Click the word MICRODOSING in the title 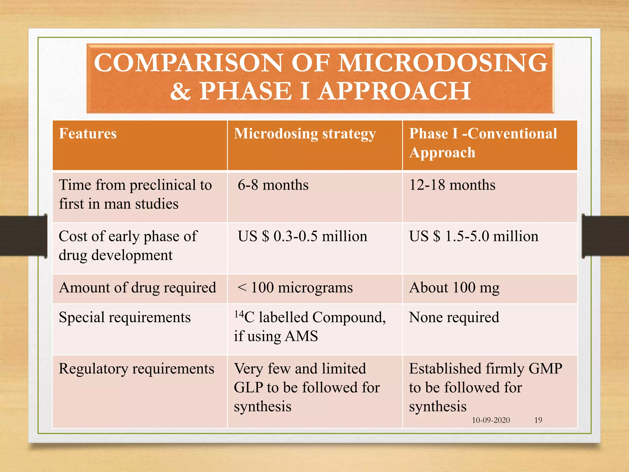443,63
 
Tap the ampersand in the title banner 181,92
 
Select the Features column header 88,134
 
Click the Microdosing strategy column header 305,134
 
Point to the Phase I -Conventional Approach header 483,143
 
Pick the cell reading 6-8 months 273,185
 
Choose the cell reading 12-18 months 452,185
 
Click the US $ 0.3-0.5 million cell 302,237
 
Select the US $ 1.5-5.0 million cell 474,237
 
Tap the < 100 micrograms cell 295,288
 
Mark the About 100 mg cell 454,288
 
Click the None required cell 454,317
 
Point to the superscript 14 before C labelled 239,314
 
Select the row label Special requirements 125,317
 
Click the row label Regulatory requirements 136,369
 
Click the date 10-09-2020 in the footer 490,420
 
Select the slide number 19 538,420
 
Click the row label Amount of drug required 138,288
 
